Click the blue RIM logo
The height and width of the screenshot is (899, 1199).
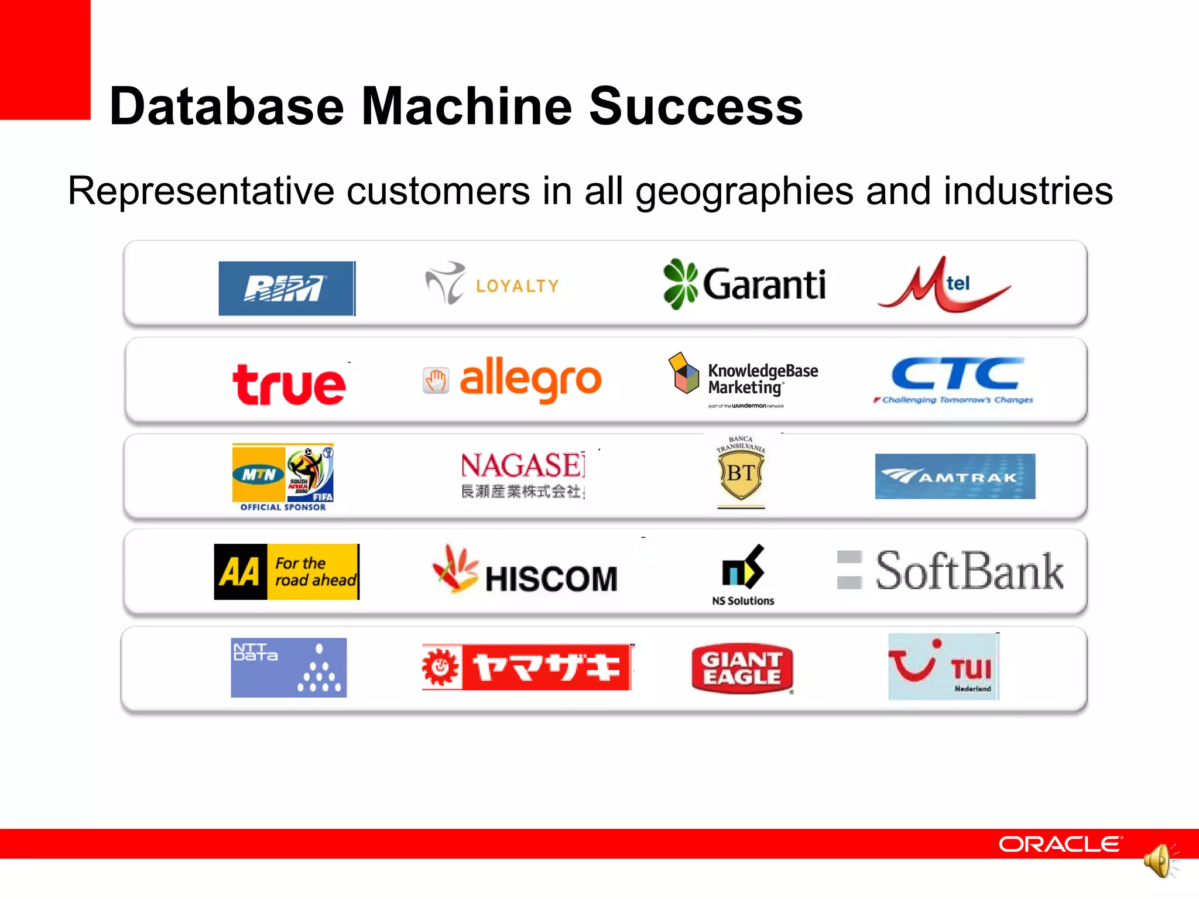tap(287, 289)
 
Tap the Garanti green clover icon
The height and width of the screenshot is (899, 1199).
tap(680, 284)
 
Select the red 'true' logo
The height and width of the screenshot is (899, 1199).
tap(289, 385)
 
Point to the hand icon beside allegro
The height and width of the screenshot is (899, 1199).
tap(436, 381)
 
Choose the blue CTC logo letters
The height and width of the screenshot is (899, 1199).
tap(958, 374)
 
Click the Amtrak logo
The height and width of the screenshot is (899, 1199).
tap(955, 476)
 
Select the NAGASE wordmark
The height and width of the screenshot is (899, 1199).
tap(522, 466)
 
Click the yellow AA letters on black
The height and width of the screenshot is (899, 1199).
tap(241, 572)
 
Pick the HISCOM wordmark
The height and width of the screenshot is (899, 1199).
tap(551, 579)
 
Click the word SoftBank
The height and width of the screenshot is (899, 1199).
tap(970, 571)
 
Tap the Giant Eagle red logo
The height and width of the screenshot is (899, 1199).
tap(742, 668)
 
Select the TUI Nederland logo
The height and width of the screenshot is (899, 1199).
tap(943, 667)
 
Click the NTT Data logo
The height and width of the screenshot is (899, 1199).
tap(289, 667)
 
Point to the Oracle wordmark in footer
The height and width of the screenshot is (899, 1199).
tap(1060, 844)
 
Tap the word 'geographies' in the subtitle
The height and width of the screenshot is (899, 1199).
tap(744, 191)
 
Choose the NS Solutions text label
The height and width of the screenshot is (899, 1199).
tap(743, 601)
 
